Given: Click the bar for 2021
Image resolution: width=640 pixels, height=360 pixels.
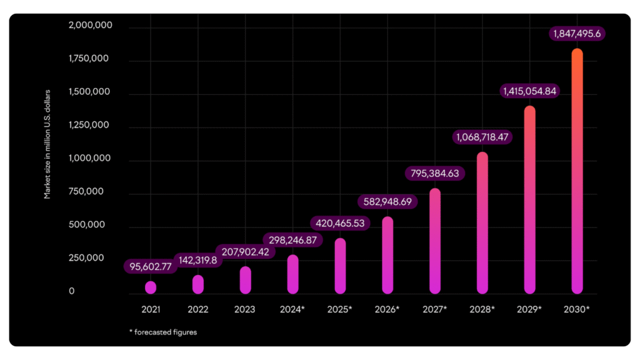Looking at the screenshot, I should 151,287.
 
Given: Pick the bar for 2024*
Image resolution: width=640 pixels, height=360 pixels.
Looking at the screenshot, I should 292,274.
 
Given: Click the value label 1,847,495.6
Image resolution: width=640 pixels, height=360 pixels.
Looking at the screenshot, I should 577,33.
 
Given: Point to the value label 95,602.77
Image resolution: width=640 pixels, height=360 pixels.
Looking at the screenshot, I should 151,267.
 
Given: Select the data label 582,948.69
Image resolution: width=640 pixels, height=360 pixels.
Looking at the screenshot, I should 387,202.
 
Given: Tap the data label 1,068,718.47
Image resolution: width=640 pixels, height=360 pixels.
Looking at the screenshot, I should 482,136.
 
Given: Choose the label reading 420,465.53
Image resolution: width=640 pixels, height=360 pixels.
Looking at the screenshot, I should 340,222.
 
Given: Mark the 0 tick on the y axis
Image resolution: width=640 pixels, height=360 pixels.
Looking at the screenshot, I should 72,291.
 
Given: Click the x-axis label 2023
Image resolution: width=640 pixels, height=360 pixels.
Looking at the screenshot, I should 245,309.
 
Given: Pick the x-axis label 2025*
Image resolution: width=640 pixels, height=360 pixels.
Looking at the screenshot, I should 341,309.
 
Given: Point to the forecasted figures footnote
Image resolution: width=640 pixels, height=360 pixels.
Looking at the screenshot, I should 163,332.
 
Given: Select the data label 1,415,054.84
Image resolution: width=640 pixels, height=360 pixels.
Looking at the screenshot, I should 529,91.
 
